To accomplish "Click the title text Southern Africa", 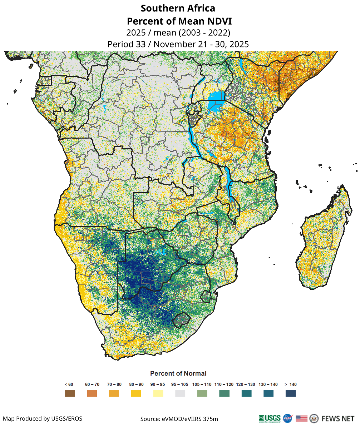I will click(x=178, y=8).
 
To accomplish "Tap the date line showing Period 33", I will click(x=178, y=44).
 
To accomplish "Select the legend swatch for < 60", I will click(x=70, y=393).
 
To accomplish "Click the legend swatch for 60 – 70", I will click(x=92, y=393).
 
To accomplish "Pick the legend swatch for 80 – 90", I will click(x=136, y=393).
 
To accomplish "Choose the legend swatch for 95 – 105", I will click(x=180, y=393).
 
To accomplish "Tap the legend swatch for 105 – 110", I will click(x=202, y=393).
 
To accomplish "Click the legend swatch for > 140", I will click(x=291, y=393).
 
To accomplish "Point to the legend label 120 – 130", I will click(x=246, y=384).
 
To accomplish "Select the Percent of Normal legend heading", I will click(x=178, y=373).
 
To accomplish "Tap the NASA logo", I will click(x=288, y=418).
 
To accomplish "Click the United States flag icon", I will click(x=301, y=418).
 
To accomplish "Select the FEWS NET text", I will click(x=338, y=418).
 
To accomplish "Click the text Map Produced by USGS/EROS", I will click(x=43, y=418).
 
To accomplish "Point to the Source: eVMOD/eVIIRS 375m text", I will click(x=179, y=418).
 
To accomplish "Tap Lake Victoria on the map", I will click(x=216, y=96).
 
